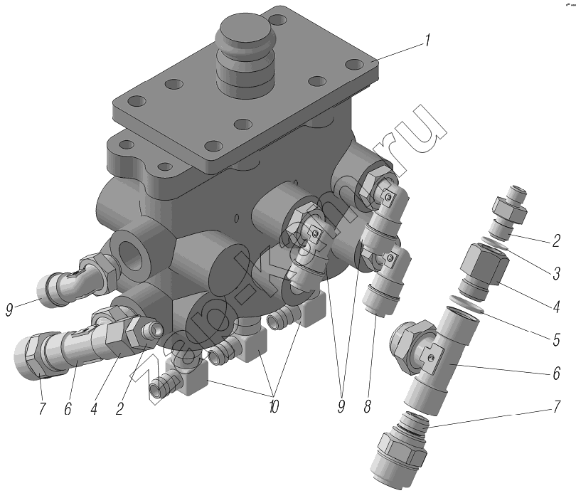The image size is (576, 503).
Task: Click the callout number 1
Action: coord(427,41)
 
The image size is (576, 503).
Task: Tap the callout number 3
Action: coord(556,273)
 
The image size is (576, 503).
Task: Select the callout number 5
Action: coord(556,339)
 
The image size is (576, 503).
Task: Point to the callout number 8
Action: coord(368,406)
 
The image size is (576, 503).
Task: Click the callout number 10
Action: coord(274,406)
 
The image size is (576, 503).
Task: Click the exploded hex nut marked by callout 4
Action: coord(484,272)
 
